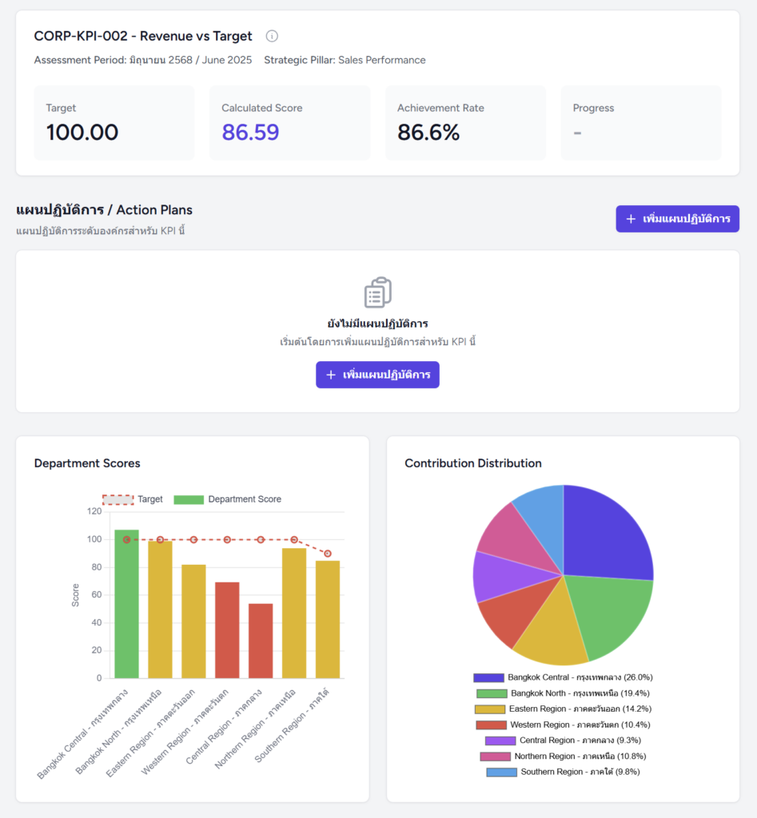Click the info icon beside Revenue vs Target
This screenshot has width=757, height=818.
click(x=272, y=36)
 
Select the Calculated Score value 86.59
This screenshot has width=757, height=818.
click(x=250, y=133)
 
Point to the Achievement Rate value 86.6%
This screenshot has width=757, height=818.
click(x=428, y=133)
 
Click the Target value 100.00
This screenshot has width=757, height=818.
click(x=82, y=133)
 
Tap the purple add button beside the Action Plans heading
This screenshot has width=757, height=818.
click(x=677, y=219)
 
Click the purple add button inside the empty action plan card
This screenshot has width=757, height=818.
click(x=377, y=375)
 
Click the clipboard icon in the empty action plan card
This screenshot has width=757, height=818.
click(x=377, y=292)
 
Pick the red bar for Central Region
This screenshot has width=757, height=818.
click(x=261, y=641)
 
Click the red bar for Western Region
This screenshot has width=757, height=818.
click(x=227, y=630)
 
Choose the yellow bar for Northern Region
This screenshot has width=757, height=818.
click(x=294, y=613)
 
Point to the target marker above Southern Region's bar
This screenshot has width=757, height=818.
click(x=328, y=554)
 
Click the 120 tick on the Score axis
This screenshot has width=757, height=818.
click(x=94, y=511)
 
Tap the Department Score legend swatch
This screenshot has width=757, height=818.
click(x=189, y=499)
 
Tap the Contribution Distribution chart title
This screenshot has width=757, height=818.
click(x=473, y=463)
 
